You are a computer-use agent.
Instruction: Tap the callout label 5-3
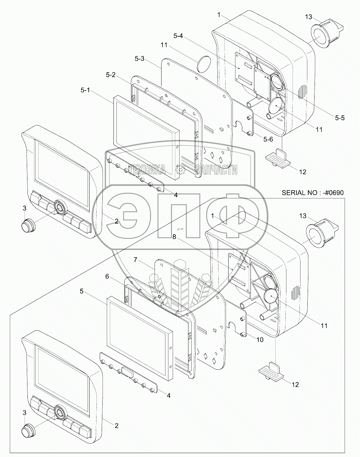pyautogui.click(x=139, y=59)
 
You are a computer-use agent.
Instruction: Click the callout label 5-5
pyautogui.click(x=339, y=117)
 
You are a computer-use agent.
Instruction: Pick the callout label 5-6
pyautogui.click(x=268, y=139)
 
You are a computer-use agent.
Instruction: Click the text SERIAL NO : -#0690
pyautogui.click(x=313, y=193)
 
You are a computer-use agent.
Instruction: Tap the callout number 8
pyautogui.click(x=175, y=237)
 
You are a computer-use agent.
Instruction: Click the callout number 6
pyautogui.click(x=107, y=276)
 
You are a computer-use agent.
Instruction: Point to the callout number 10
pyautogui.click(x=259, y=340)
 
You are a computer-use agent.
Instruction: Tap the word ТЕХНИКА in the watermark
pyautogui.click(x=146, y=169)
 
